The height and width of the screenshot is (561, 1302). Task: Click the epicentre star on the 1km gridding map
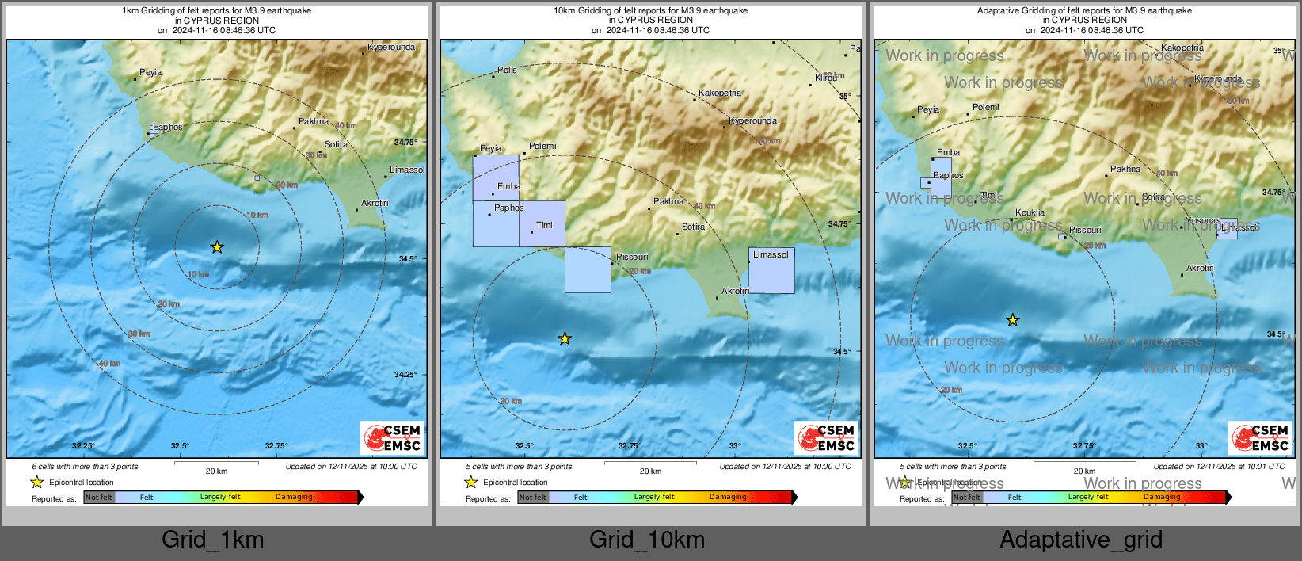[x=217, y=247]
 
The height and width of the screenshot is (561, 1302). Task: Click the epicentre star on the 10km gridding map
[x=565, y=339]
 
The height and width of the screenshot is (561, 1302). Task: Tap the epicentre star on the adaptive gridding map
[x=1013, y=320]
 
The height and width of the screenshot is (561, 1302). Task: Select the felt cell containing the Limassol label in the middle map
[x=771, y=271]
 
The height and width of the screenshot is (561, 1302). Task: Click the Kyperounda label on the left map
[x=391, y=48]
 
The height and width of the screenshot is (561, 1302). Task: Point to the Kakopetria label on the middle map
[x=720, y=93]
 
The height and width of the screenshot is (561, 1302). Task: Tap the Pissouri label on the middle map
[x=632, y=257]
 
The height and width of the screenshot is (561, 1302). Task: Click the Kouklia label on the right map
[x=1030, y=212]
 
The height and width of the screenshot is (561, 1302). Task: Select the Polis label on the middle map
[x=507, y=71]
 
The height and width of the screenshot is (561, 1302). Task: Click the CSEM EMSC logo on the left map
[x=393, y=438]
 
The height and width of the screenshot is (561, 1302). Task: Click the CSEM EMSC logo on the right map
[x=1261, y=437]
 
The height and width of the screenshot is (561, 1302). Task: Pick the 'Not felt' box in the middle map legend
[x=533, y=498]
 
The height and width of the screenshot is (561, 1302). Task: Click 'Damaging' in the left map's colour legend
[x=294, y=498]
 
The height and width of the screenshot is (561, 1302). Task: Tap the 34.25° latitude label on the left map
[x=405, y=375]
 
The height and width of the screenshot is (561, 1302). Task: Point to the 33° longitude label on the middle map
[x=735, y=446]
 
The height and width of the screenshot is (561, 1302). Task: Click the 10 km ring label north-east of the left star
[x=257, y=216]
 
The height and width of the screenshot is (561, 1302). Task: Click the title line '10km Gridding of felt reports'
[x=650, y=11]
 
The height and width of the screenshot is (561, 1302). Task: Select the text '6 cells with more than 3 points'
[x=85, y=467]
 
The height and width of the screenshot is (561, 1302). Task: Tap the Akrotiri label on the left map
[x=375, y=204]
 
